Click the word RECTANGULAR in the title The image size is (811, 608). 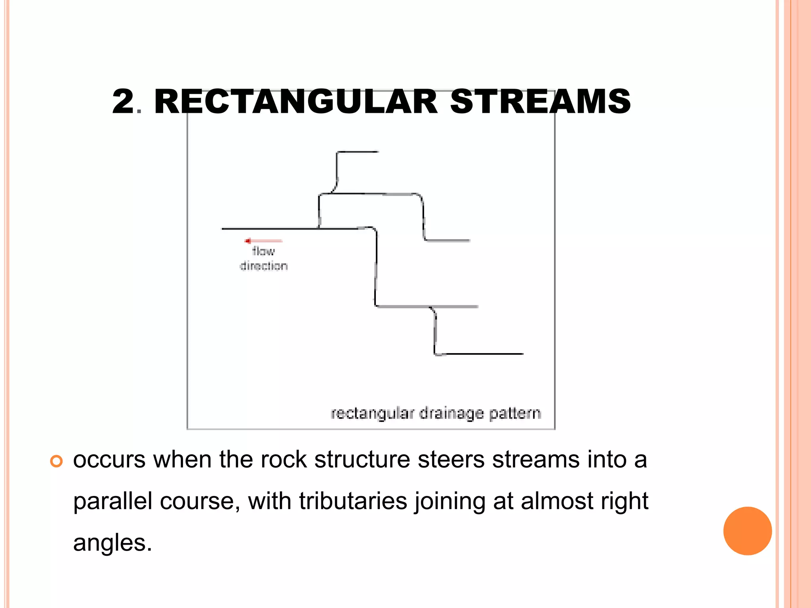click(x=295, y=102)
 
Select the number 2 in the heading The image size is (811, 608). click(x=123, y=102)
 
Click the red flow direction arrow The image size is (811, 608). click(x=263, y=241)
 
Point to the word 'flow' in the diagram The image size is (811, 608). click(x=263, y=251)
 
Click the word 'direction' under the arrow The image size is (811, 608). click(x=264, y=266)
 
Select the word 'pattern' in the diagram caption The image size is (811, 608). click(x=515, y=414)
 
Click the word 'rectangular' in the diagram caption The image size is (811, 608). click(x=372, y=414)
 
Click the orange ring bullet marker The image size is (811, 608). click(x=57, y=461)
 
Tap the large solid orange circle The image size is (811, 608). click(x=747, y=531)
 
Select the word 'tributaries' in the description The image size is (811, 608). click(x=353, y=502)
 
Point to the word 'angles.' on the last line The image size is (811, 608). click(x=112, y=543)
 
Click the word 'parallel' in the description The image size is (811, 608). click(x=113, y=502)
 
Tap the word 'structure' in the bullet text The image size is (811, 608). click(x=362, y=460)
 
